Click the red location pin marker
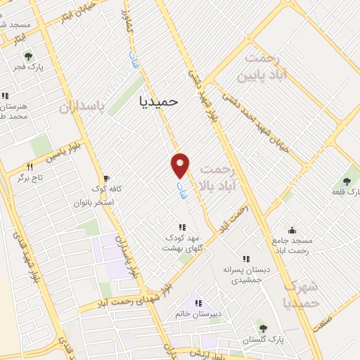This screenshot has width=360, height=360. click(x=181, y=165)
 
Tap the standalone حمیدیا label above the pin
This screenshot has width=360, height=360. click(x=155, y=101)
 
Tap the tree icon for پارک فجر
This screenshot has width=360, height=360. click(x=28, y=56)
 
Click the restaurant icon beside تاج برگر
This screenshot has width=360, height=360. click(x=30, y=167)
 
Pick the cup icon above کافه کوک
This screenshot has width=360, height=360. click(x=106, y=179)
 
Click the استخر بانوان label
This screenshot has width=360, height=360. click(x=99, y=202)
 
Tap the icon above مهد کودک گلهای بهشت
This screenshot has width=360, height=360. click(x=182, y=227)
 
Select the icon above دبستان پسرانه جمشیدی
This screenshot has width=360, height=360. click(x=246, y=259)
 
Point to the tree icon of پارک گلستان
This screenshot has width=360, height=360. click(x=263, y=328)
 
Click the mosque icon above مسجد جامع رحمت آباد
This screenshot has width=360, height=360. click(x=292, y=230)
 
